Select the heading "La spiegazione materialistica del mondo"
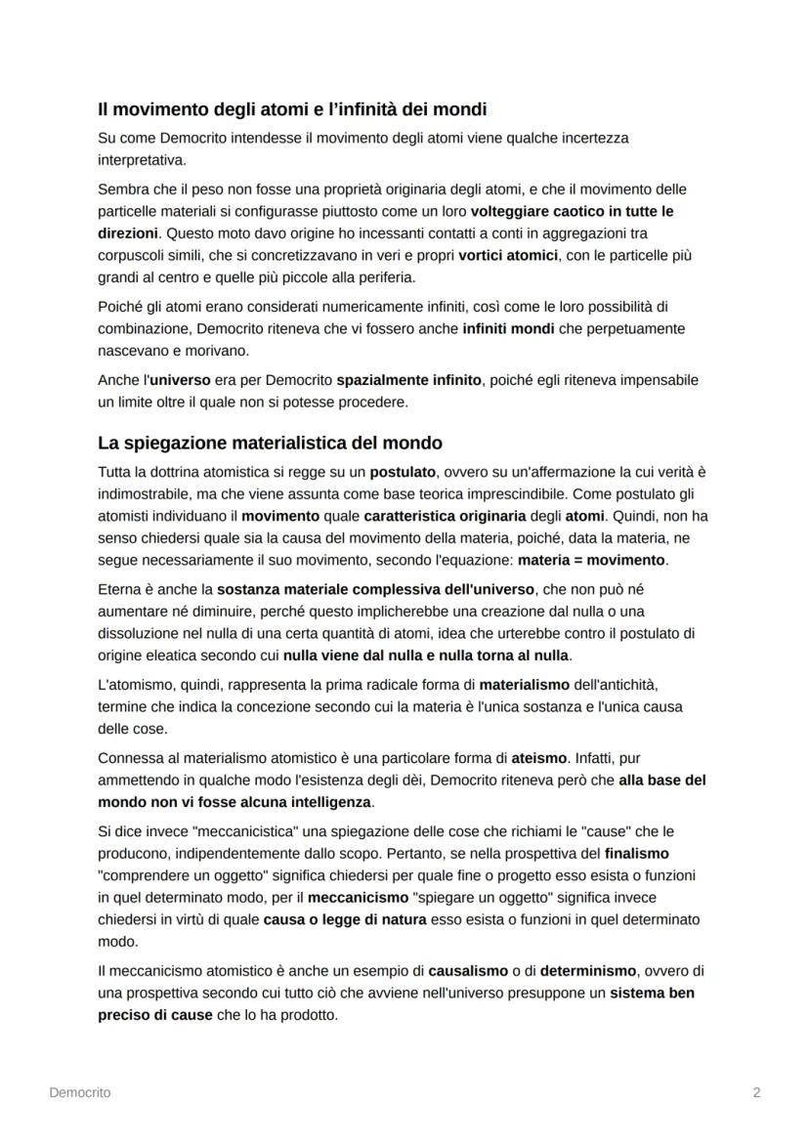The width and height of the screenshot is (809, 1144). (x=271, y=443)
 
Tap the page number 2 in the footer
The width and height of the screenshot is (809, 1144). (x=756, y=1092)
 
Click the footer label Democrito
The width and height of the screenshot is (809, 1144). (x=79, y=1092)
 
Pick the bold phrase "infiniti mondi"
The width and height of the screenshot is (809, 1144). (x=508, y=328)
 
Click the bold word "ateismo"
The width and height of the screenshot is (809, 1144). (x=539, y=758)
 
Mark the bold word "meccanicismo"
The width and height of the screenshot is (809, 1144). (x=359, y=897)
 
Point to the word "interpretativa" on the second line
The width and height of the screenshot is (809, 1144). (x=142, y=159)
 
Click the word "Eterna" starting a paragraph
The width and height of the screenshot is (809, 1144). (x=119, y=589)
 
